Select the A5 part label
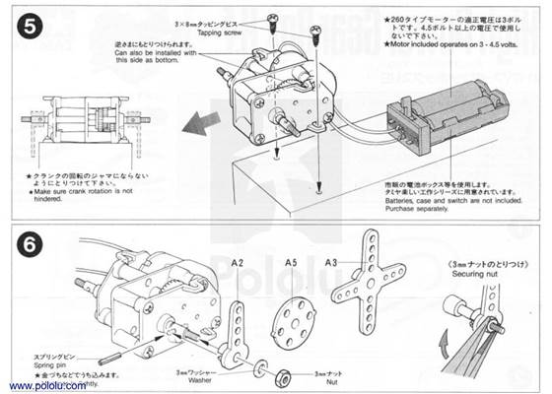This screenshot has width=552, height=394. tap(291, 262)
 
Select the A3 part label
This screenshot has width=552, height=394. tap(332, 262)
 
